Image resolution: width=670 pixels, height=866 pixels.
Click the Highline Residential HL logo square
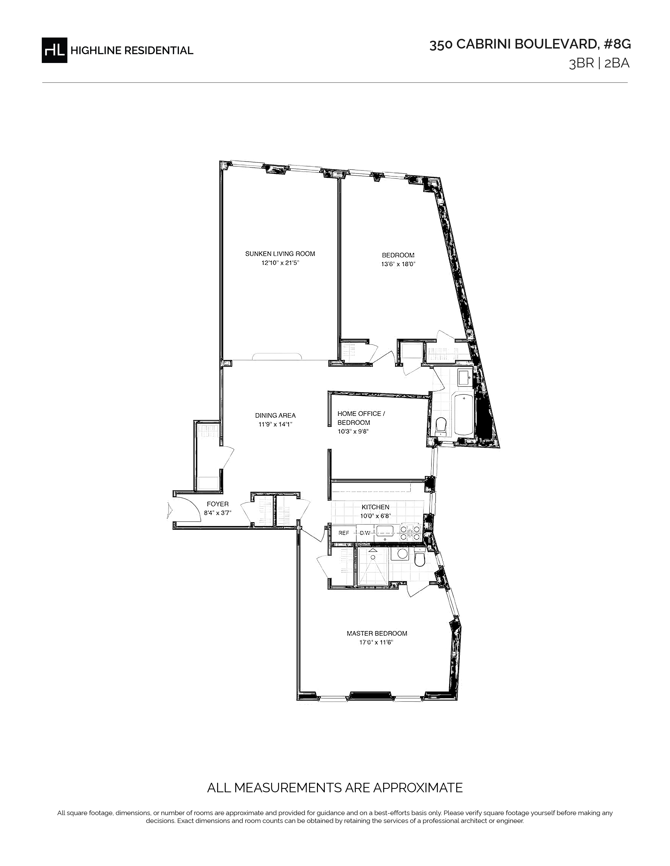coord(54,50)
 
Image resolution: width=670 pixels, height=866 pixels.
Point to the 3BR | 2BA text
coord(599,64)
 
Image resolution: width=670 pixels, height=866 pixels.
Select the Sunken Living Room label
coord(280,254)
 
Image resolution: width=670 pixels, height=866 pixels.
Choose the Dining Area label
coord(275,416)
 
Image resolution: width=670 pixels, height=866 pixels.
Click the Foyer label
coord(218,504)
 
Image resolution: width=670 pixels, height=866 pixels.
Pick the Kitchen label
coord(375,507)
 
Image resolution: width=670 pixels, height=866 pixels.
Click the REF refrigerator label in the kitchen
coord(344,533)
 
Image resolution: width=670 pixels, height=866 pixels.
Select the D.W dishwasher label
coord(365,533)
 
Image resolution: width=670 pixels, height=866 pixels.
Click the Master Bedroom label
coord(377,633)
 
